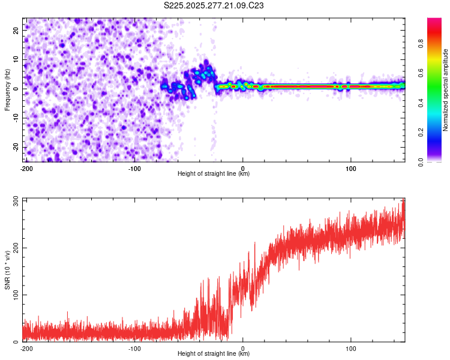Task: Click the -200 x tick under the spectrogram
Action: (x=26, y=168)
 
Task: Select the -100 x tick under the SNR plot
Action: (x=134, y=347)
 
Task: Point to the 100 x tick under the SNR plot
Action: (x=351, y=347)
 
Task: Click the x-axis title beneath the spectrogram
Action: (x=214, y=174)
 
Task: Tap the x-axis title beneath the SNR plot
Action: (x=214, y=353)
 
